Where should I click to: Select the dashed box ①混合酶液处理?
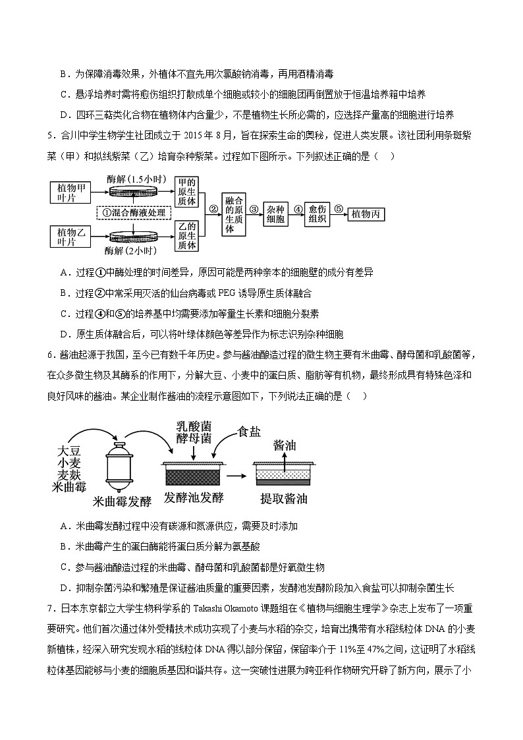(x=134, y=213)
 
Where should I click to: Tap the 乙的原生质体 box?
(x=187, y=235)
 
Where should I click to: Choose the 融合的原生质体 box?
(x=230, y=214)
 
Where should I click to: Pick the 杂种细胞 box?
(x=275, y=214)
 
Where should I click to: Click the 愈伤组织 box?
(x=317, y=214)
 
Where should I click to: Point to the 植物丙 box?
(x=366, y=215)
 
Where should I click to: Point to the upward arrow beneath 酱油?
(x=285, y=463)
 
